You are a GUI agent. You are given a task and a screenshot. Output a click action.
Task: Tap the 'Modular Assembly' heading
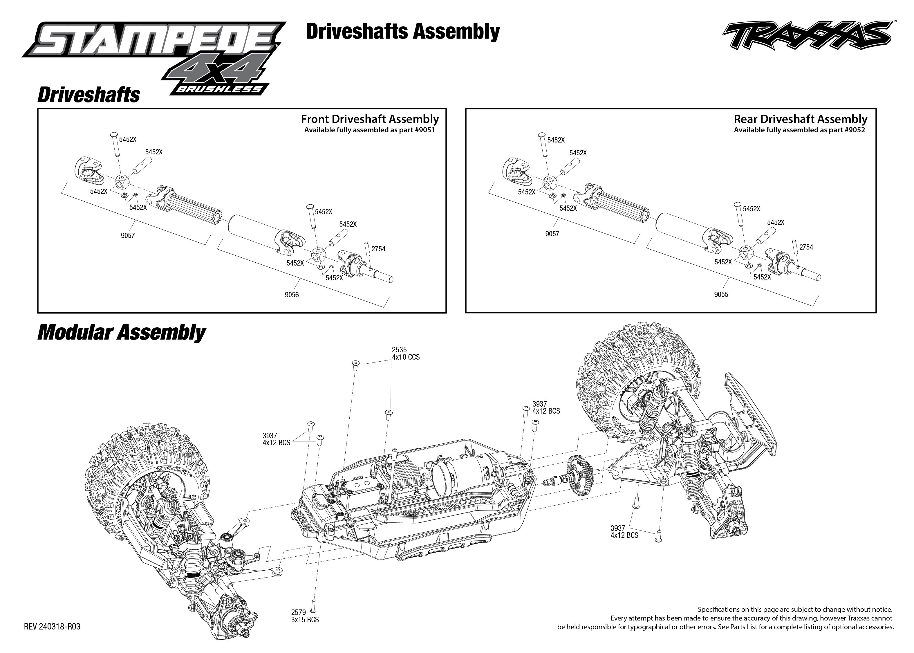pos(121,333)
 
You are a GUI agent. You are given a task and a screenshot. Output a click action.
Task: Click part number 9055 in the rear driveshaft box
pos(721,294)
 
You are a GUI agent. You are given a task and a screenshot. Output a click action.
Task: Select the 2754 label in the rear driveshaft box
pos(806,247)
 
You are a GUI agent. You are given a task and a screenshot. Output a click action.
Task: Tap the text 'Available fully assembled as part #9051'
pos(369,130)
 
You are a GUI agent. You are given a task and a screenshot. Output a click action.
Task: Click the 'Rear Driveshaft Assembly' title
pos(800,119)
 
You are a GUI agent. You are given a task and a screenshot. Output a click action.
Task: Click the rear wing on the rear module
pos(749,414)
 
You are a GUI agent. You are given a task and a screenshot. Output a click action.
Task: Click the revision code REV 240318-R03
pos(52,627)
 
